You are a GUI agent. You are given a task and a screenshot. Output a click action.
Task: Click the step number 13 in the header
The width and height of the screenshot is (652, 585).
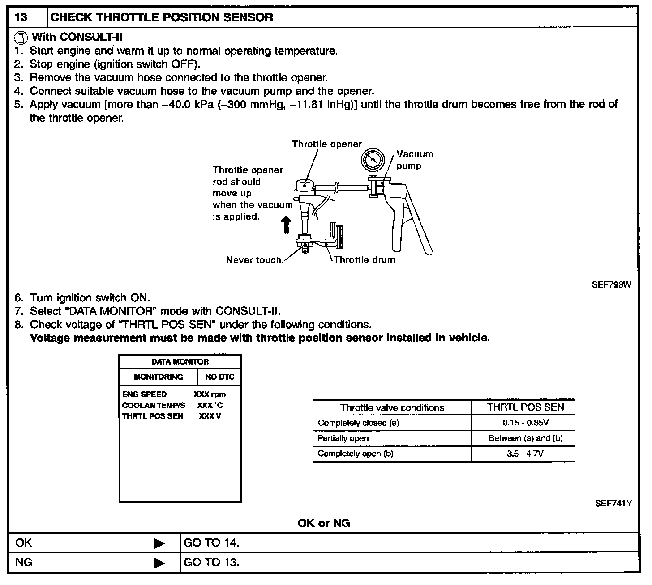(21, 18)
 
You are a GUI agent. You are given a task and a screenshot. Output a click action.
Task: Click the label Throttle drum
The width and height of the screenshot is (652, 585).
(365, 259)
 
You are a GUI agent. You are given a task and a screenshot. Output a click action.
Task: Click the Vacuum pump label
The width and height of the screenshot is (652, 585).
(414, 160)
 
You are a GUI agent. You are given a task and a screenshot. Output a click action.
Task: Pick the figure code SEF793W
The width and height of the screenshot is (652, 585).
(611, 284)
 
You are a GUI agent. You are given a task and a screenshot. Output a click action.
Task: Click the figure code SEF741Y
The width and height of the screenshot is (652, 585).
(613, 503)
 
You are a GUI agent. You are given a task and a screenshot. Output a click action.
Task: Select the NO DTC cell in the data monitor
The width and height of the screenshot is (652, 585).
(219, 377)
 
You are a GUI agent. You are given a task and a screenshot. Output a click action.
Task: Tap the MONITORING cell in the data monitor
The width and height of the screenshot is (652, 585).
(159, 377)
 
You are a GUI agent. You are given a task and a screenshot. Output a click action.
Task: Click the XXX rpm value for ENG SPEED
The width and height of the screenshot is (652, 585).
(210, 394)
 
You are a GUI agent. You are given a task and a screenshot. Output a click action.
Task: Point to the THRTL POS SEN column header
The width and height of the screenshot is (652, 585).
(525, 407)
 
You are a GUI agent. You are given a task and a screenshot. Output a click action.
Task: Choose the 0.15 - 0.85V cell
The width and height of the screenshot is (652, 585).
(525, 423)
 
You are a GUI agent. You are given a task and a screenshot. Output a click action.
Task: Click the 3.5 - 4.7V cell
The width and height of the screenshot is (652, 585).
(525, 454)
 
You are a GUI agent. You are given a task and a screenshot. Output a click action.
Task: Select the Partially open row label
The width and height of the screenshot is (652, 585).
(343, 438)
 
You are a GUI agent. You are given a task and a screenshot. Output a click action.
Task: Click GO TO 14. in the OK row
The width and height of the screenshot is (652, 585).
(211, 543)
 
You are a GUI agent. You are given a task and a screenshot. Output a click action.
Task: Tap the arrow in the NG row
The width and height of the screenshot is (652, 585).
(159, 563)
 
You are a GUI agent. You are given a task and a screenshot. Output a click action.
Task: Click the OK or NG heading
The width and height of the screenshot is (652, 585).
(324, 523)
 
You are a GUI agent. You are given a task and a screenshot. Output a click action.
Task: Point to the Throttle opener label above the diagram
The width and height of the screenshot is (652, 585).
(327, 144)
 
